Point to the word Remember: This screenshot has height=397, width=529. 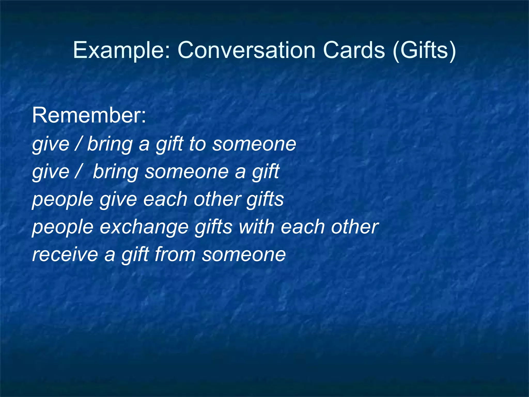[x=89, y=115]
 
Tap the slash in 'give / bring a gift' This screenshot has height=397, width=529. [x=78, y=144]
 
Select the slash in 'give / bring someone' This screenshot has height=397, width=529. [x=78, y=171]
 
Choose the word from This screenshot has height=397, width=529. [x=175, y=254]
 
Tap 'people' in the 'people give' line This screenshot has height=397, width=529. [x=63, y=200]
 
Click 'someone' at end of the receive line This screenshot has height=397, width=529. [x=244, y=254]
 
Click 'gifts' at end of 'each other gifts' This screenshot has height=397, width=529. [x=265, y=200]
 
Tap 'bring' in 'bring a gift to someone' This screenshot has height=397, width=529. [x=110, y=144]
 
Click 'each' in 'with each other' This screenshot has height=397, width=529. [x=302, y=226]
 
